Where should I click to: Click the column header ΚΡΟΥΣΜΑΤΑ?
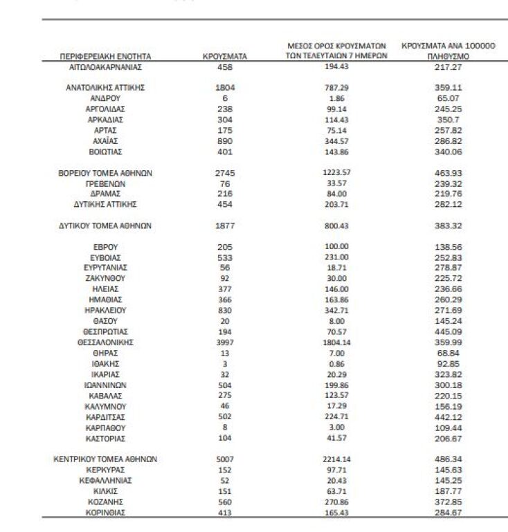pyautogui.click(x=225, y=56)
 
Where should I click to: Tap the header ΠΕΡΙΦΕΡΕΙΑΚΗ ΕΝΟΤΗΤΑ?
pyautogui.click(x=105, y=56)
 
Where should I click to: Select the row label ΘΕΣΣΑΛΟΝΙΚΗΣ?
pyautogui.click(x=105, y=342)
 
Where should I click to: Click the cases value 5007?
pyautogui.click(x=225, y=459)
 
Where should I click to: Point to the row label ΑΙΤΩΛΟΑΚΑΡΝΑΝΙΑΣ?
pyautogui.click(x=105, y=67)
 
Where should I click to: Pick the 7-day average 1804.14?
pyautogui.click(x=336, y=342)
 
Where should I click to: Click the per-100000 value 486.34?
pyautogui.click(x=448, y=459)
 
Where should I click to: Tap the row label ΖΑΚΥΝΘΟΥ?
pyautogui.click(x=105, y=278)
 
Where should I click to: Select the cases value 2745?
pyautogui.click(x=225, y=173)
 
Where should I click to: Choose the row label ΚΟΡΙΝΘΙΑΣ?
pyautogui.click(x=105, y=513)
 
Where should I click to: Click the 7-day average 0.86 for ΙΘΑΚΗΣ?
pyautogui.click(x=336, y=363)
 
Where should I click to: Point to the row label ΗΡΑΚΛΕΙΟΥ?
pyautogui.click(x=105, y=310)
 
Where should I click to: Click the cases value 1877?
pyautogui.click(x=225, y=226)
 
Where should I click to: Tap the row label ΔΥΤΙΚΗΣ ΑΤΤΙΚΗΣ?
pyautogui.click(x=105, y=205)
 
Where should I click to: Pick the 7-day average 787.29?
pyautogui.click(x=336, y=88)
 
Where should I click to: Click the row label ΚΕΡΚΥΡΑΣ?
pyautogui.click(x=105, y=470)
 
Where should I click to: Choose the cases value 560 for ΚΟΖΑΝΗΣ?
pyautogui.click(x=225, y=502)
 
